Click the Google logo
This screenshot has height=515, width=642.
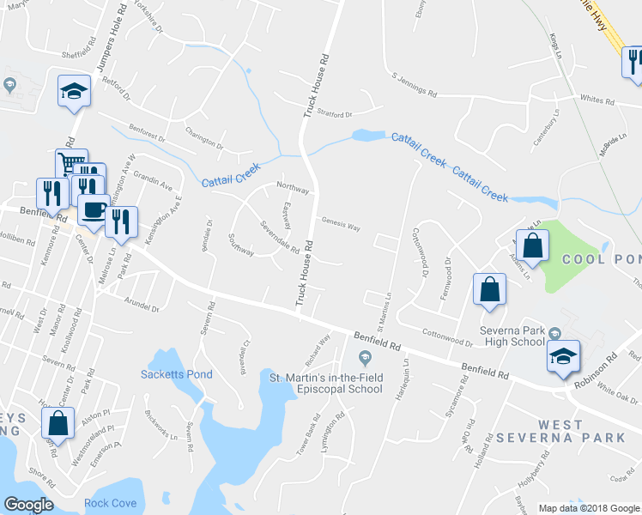[x=28, y=505]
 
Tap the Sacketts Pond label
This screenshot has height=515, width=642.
[x=176, y=374]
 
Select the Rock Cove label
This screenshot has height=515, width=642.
[x=110, y=503]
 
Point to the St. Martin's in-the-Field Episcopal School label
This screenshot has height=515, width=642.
[x=325, y=383]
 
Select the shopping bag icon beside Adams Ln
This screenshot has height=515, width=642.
[x=532, y=245]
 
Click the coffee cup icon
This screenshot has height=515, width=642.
[x=93, y=209]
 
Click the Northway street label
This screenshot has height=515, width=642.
[x=291, y=186]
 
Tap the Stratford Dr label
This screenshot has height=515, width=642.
[x=335, y=114]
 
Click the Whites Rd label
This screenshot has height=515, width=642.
[x=597, y=101]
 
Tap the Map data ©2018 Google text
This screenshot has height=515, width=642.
[x=589, y=508]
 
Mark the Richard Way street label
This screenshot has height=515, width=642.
[x=317, y=348]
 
